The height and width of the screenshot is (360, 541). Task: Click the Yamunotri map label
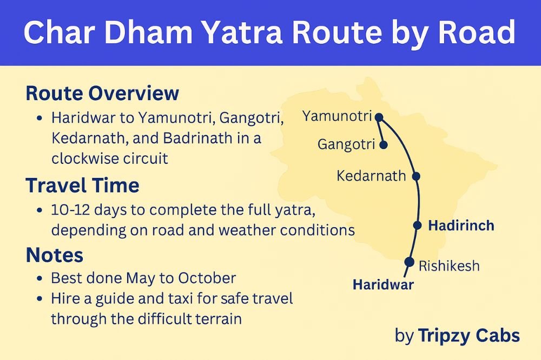(x=337, y=116)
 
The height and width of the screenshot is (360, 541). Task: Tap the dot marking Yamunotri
(x=379, y=117)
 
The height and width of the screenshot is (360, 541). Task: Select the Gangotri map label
(x=346, y=145)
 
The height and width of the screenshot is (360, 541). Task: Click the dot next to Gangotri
(x=384, y=145)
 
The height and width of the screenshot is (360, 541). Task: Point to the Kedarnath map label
(x=371, y=176)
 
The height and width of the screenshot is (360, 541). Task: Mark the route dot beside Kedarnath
(x=416, y=176)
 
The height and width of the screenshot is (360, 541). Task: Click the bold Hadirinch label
(x=461, y=225)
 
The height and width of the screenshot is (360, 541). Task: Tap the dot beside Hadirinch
(x=417, y=225)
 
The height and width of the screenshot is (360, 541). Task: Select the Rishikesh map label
(x=449, y=265)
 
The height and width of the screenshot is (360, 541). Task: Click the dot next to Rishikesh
(x=408, y=262)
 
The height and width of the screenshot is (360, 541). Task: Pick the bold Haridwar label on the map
(x=383, y=285)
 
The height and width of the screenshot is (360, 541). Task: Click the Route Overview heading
(x=102, y=94)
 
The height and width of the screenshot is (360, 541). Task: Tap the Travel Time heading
(x=82, y=186)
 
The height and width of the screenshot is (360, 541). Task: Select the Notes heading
(x=54, y=255)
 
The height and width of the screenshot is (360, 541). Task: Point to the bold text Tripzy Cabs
(x=469, y=336)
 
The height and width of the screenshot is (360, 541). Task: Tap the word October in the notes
(x=207, y=278)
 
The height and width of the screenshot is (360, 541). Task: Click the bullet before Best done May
(x=41, y=279)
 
